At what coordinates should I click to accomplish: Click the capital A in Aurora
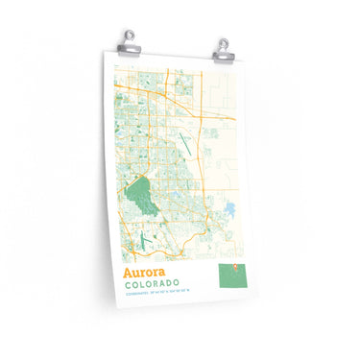coord(127,273)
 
